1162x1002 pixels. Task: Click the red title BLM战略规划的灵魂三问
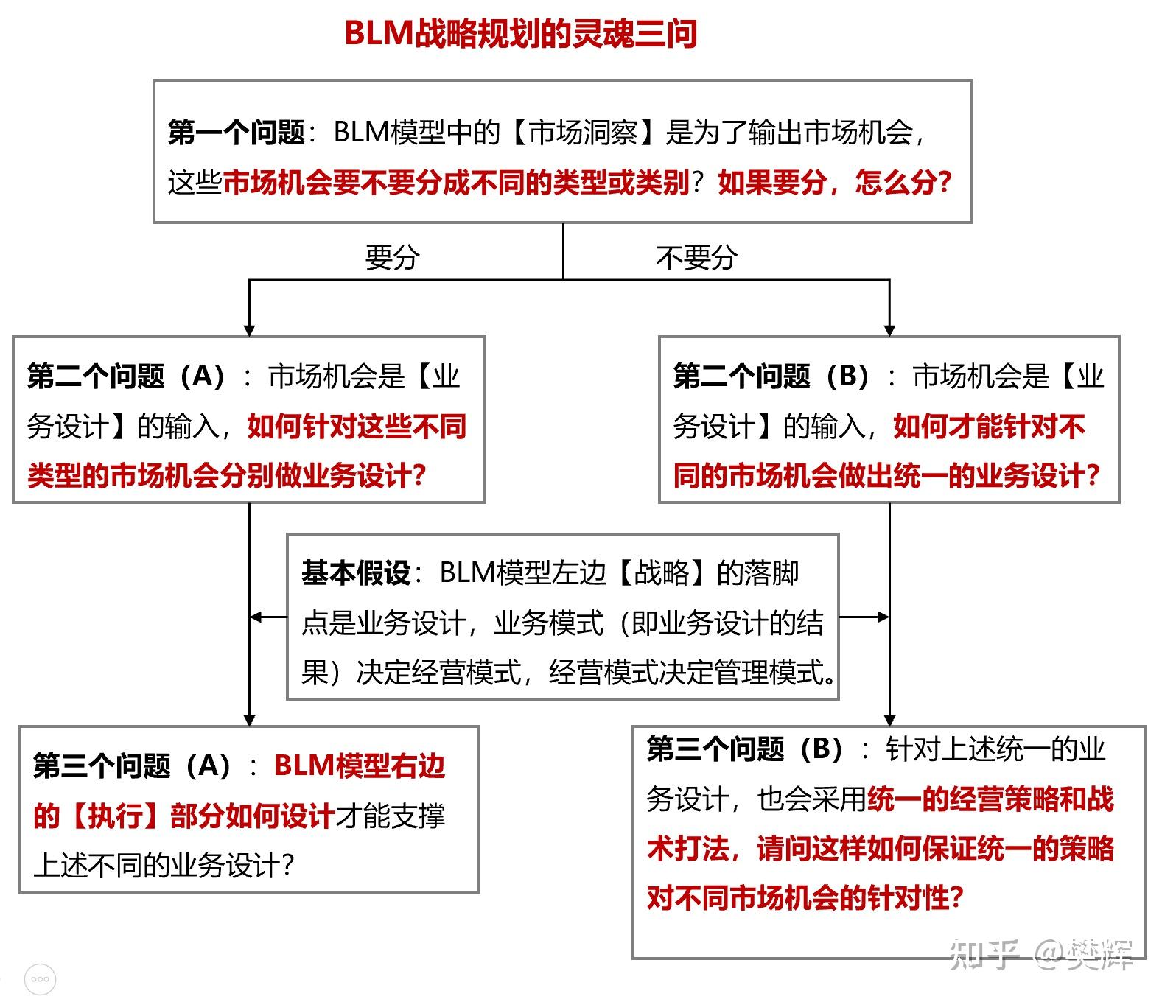(520, 34)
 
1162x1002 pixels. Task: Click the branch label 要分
(392, 258)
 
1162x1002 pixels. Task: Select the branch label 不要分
(696, 258)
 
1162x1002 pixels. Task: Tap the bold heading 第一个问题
(236, 133)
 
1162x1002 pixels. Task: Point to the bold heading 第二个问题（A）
(126, 376)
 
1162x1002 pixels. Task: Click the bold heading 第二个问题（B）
(771, 376)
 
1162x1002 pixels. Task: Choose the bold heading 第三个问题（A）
(133, 766)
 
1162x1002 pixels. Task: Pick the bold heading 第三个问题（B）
(745, 749)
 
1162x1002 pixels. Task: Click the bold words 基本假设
(356, 572)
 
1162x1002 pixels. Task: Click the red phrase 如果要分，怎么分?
(835, 182)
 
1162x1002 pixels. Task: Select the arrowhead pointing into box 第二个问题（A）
(250, 330)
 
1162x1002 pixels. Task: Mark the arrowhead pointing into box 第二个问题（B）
(889, 330)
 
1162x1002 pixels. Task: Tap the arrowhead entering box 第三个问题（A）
(250, 720)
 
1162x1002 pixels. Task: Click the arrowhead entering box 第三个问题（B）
(889, 720)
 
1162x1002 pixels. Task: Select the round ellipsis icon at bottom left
(40, 979)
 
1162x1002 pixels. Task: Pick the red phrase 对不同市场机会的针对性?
(805, 898)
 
